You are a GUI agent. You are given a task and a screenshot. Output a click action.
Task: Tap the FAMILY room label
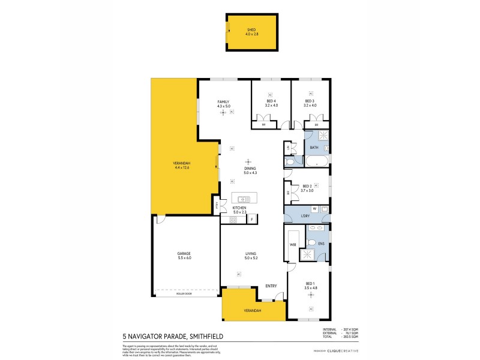point(223,103)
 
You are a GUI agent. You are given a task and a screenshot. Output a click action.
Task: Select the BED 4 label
point(271,102)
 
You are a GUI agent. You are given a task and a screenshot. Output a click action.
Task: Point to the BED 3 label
point(310,102)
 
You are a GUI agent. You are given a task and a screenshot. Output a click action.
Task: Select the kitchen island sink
point(244,199)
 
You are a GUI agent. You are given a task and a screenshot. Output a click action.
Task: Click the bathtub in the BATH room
point(317,161)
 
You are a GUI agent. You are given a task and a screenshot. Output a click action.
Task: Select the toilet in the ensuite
point(311,242)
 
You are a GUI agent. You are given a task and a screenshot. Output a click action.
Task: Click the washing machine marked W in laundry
point(314,209)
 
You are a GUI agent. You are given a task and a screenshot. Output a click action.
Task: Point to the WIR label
point(293,245)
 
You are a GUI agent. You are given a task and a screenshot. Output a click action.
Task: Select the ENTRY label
point(271,286)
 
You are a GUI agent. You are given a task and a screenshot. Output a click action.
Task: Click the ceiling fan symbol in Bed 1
point(311,309)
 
